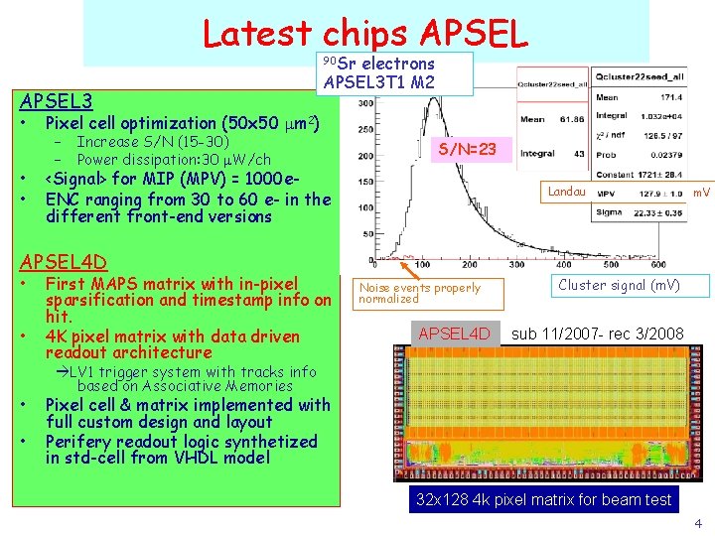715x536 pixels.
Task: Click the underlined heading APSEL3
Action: coord(57,101)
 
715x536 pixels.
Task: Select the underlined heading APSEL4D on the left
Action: coord(64,262)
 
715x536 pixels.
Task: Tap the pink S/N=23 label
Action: coord(474,149)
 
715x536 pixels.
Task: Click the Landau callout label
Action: coord(566,192)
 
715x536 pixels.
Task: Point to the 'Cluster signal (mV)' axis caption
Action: coord(619,286)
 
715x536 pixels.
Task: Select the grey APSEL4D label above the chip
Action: coord(455,334)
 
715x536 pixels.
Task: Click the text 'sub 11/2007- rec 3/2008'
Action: coord(598,334)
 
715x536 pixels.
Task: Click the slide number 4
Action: coord(698,523)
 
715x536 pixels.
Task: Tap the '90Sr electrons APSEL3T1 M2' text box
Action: coord(379,72)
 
